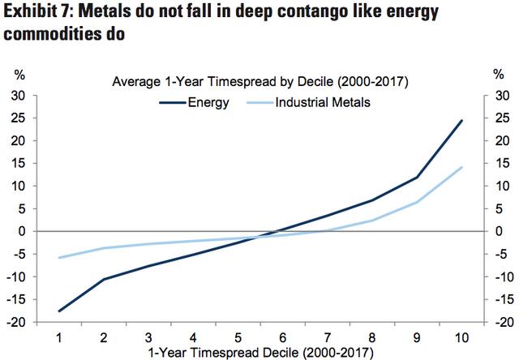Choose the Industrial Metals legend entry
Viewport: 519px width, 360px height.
322,102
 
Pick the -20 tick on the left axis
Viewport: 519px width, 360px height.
16,323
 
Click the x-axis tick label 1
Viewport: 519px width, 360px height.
59,336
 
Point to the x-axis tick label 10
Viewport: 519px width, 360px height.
461,336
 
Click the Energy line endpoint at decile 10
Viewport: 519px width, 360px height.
461,120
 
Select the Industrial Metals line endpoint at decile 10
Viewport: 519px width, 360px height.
461,167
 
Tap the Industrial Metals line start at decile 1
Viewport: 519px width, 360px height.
59,258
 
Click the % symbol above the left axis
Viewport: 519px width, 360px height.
19,75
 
